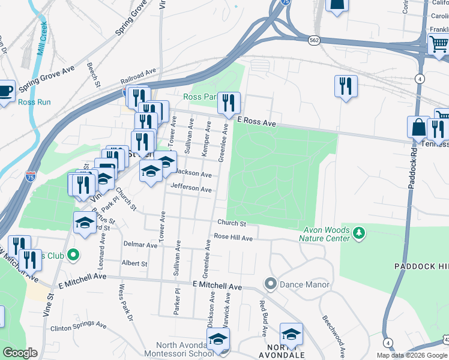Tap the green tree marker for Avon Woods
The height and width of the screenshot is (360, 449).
(x=359, y=232)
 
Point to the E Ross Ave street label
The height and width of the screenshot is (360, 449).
(x=256, y=122)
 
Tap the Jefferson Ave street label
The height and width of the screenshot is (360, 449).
(x=191, y=189)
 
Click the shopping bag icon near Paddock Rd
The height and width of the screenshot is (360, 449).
(x=418, y=128)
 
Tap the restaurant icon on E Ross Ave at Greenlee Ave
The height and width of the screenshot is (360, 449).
(x=228, y=103)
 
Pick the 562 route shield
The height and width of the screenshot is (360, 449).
(x=313, y=40)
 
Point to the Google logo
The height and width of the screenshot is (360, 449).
(x=19, y=353)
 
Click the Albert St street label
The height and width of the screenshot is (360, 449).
(x=134, y=263)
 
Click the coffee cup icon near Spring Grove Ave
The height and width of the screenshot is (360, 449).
(x=5, y=91)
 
